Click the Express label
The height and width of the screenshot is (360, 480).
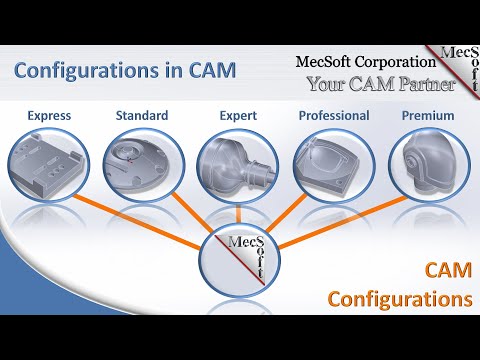(x=49, y=116)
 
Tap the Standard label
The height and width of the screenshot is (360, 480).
(x=141, y=116)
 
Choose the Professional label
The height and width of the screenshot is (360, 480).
(x=334, y=116)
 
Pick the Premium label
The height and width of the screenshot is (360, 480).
(x=428, y=116)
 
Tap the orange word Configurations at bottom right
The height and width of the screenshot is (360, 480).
(x=400, y=298)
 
